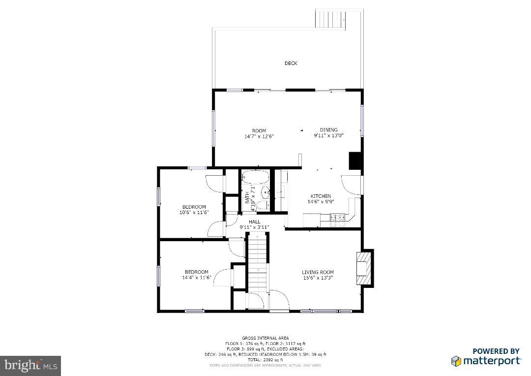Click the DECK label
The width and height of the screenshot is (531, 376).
pos(291,63)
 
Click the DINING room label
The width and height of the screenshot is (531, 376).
pos(328,130)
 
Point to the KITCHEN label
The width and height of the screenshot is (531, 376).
pos(321,196)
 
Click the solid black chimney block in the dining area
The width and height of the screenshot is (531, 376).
pos(355,161)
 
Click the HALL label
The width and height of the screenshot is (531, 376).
pos(254,222)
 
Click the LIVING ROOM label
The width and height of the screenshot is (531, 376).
pos(318,272)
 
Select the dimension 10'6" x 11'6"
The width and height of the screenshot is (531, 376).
pos(194,213)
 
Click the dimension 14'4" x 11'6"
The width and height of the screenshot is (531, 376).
pos(196,278)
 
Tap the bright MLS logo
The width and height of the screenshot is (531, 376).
pos(30,366)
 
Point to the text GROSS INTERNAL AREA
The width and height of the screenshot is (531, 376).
pos(265,338)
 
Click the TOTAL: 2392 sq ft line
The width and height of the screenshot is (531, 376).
pos(265,360)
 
